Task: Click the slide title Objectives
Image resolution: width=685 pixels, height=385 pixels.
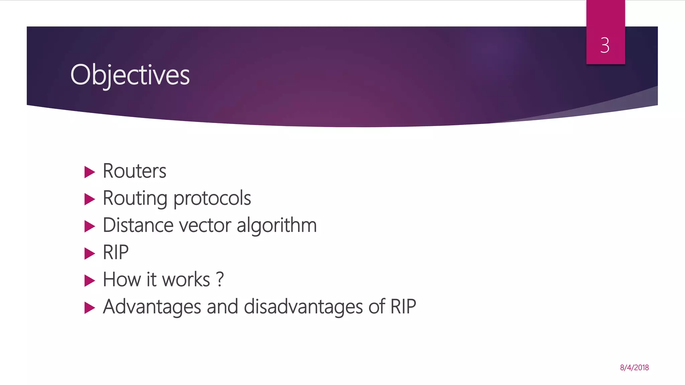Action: click(x=130, y=75)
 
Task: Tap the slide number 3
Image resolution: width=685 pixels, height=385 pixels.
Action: click(x=605, y=45)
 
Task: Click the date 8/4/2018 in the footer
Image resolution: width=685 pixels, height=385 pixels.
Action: click(x=634, y=368)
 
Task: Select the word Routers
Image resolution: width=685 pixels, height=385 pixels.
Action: click(x=134, y=171)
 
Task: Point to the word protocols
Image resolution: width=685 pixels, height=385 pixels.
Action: click(x=212, y=199)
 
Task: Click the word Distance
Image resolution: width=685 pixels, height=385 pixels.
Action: click(x=138, y=225)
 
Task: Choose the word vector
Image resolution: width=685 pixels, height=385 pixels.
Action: click(x=205, y=225)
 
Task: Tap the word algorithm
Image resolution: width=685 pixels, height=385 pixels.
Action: click(x=277, y=225)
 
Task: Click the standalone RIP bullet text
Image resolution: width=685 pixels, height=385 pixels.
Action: click(x=115, y=252)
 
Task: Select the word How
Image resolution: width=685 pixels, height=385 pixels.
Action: click(x=121, y=279)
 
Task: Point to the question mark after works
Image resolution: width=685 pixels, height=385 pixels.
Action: click(x=220, y=279)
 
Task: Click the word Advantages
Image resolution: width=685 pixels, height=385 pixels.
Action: click(x=152, y=307)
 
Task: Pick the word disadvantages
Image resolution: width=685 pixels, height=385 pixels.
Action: click(x=303, y=307)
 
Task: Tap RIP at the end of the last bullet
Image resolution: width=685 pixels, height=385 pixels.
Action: click(x=403, y=306)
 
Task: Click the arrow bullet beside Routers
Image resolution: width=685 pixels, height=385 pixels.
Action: click(x=90, y=172)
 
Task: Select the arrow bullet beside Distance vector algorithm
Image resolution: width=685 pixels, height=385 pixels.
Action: click(x=90, y=226)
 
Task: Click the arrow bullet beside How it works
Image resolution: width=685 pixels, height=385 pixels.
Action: click(x=90, y=280)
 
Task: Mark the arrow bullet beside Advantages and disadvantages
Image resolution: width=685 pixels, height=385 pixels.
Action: click(x=90, y=307)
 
